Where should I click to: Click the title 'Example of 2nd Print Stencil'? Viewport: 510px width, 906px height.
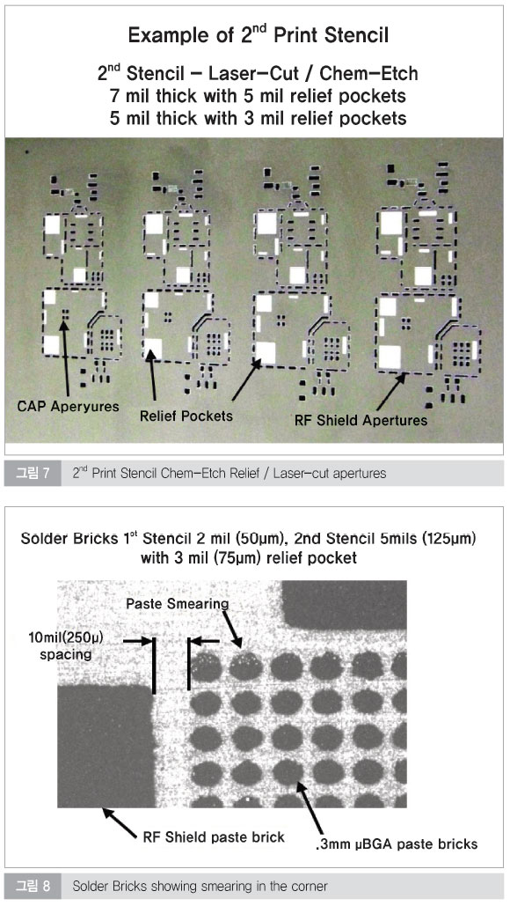tap(258, 35)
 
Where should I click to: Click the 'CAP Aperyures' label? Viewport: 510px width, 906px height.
tap(68, 406)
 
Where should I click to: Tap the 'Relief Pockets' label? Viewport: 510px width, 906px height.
tap(186, 416)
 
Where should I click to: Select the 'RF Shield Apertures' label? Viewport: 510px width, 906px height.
tap(361, 420)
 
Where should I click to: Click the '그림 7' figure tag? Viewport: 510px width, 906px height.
tap(33, 473)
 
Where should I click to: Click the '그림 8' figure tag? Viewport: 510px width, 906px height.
tap(33, 886)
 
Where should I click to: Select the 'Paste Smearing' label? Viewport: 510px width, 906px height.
tap(177, 604)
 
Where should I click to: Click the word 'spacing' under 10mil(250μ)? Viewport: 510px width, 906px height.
tap(66, 655)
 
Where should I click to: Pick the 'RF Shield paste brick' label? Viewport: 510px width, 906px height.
tap(214, 837)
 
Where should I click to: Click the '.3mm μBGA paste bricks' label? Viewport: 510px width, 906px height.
tap(397, 844)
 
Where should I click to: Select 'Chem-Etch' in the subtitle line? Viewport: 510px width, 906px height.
tap(369, 74)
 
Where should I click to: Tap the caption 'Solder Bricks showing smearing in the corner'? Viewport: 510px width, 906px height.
tap(200, 886)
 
